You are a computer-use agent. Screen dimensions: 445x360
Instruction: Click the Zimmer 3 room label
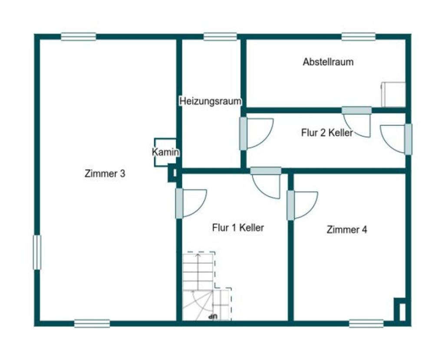click(x=105, y=173)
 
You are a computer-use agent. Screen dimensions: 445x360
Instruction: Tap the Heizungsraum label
click(x=210, y=101)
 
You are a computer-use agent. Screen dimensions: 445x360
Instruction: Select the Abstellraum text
click(x=328, y=62)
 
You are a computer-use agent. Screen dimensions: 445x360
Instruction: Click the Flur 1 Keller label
click(x=238, y=227)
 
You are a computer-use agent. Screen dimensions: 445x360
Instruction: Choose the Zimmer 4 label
click(x=346, y=229)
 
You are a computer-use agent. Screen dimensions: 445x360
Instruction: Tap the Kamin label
click(x=165, y=152)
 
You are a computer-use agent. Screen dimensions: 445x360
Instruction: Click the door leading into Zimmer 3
click(x=191, y=203)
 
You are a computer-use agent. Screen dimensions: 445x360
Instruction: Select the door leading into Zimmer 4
click(x=302, y=206)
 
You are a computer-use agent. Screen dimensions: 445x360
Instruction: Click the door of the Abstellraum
click(x=357, y=122)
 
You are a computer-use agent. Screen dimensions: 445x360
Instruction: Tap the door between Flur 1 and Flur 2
click(x=266, y=183)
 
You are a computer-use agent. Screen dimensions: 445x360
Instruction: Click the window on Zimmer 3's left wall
click(x=37, y=252)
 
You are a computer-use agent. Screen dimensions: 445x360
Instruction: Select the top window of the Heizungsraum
click(x=220, y=37)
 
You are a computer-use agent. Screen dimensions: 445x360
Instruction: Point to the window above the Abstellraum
click(x=359, y=37)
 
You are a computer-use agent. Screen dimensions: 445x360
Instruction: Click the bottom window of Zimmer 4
click(x=366, y=324)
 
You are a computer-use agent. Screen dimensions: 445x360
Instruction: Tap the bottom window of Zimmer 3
click(x=92, y=324)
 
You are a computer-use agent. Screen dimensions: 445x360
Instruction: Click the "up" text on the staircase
click(x=213, y=316)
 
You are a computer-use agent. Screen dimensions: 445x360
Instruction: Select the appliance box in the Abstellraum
click(x=393, y=95)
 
